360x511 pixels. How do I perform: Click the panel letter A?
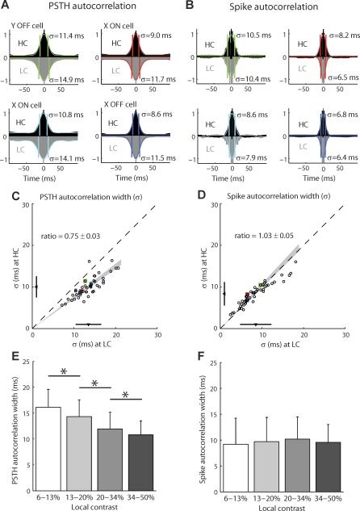coord(7,6)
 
